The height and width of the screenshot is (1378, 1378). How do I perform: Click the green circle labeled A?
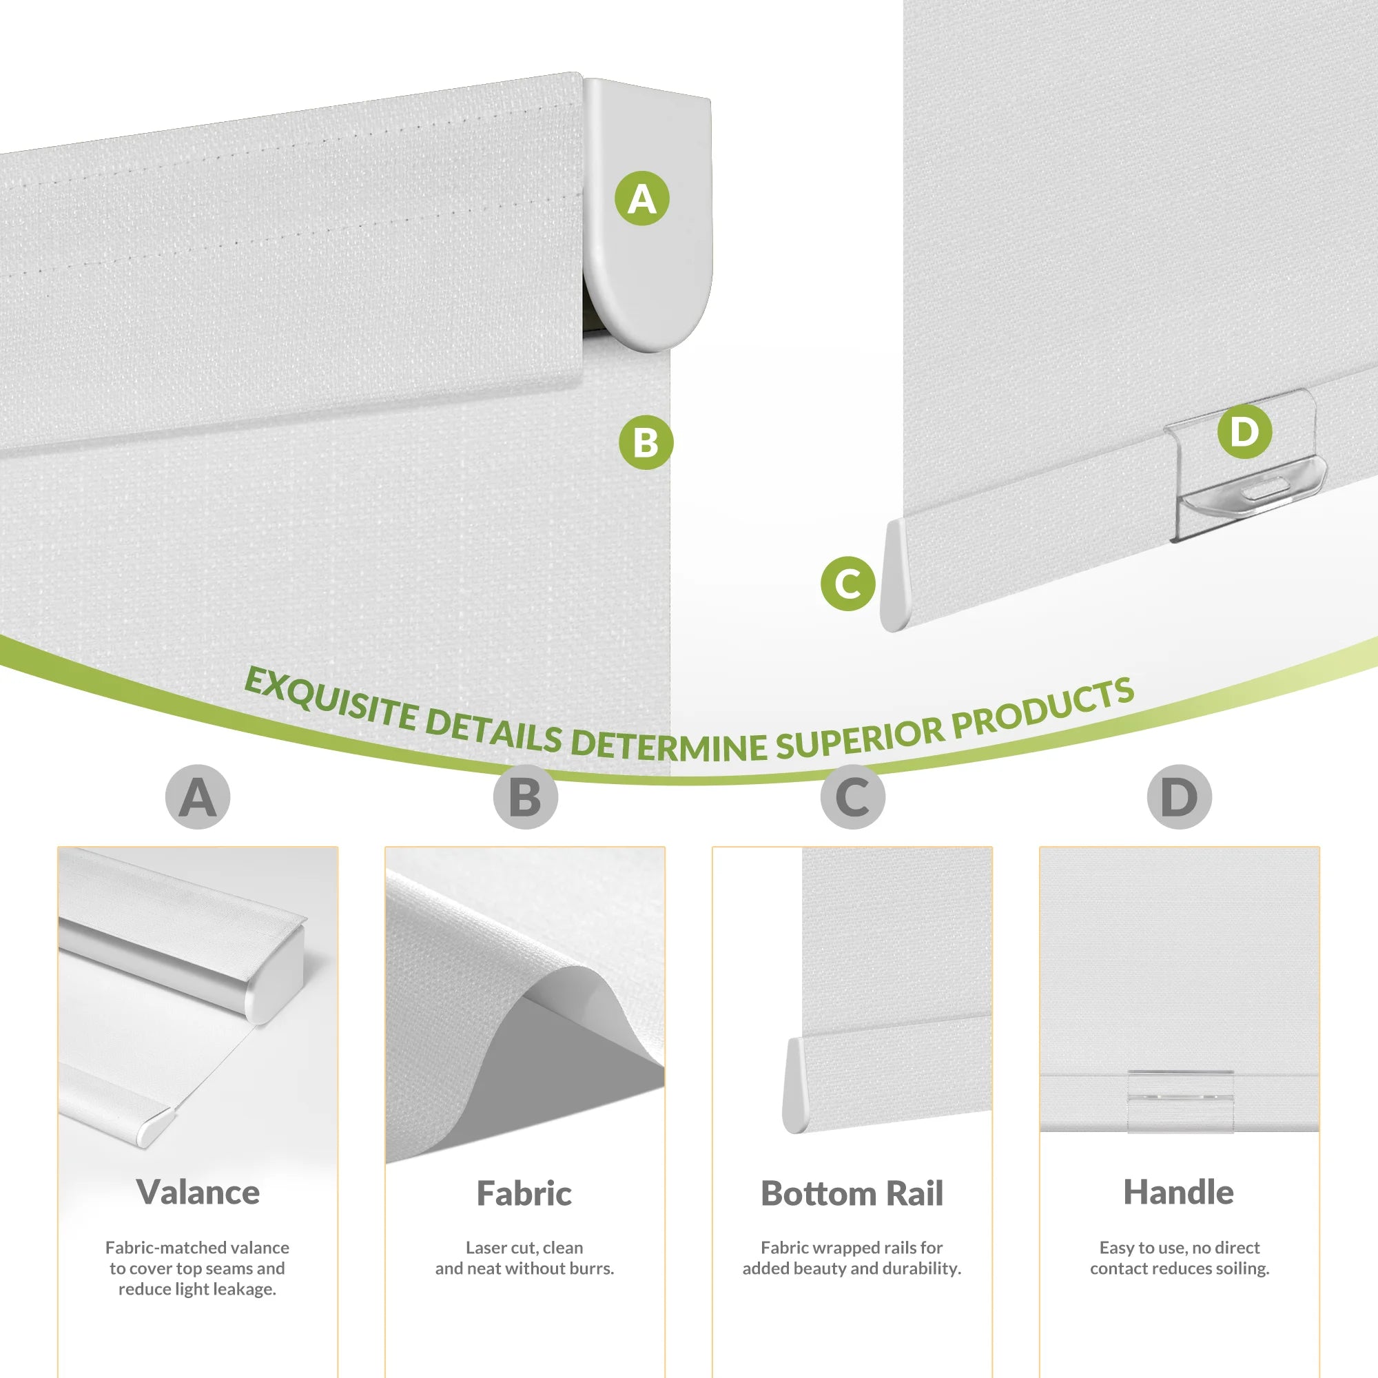642,198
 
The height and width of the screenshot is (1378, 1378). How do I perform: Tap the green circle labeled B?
646,442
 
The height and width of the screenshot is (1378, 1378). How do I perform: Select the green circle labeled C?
847,584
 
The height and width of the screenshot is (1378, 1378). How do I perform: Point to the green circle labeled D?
1244,431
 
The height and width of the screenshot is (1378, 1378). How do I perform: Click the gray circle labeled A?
198,796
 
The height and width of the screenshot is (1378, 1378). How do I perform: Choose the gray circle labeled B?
525,796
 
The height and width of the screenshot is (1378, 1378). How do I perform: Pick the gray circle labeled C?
852,796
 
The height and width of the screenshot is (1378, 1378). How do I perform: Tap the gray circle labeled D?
1179,796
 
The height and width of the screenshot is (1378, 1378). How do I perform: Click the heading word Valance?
198,1192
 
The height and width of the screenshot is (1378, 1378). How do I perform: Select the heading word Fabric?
524,1193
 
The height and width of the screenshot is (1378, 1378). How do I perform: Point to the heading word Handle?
1178,1192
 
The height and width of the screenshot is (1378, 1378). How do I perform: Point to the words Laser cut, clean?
524,1248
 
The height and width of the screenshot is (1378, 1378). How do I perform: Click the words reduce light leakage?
198,1289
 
